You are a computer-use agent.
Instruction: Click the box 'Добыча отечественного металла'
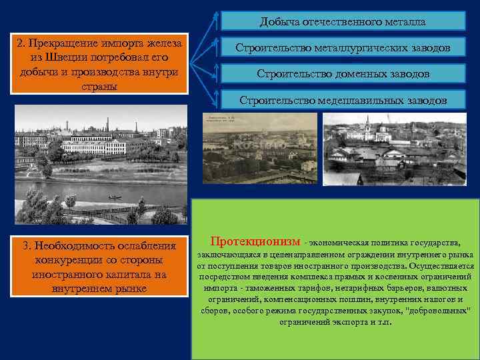point(343,21)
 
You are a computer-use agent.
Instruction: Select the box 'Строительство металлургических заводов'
point(343,48)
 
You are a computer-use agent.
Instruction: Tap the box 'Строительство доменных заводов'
point(343,73)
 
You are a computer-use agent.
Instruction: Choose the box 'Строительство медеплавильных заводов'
point(343,100)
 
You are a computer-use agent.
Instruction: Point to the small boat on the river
point(115,197)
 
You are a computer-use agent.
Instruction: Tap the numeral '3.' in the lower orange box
point(30,245)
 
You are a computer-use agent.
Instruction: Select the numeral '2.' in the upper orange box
point(22,43)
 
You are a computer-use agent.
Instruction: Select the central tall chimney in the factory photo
point(103,125)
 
